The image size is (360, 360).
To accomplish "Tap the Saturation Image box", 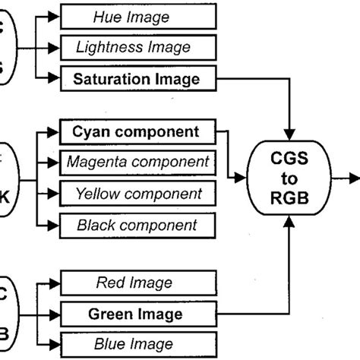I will (138, 78).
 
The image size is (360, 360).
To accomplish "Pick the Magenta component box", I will (137, 161).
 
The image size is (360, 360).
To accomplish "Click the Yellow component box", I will (137, 193).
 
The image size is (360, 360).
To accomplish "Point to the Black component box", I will (137, 225).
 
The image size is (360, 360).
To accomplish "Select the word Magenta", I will (95, 161).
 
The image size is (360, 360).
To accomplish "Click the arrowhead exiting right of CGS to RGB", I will (354, 176).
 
